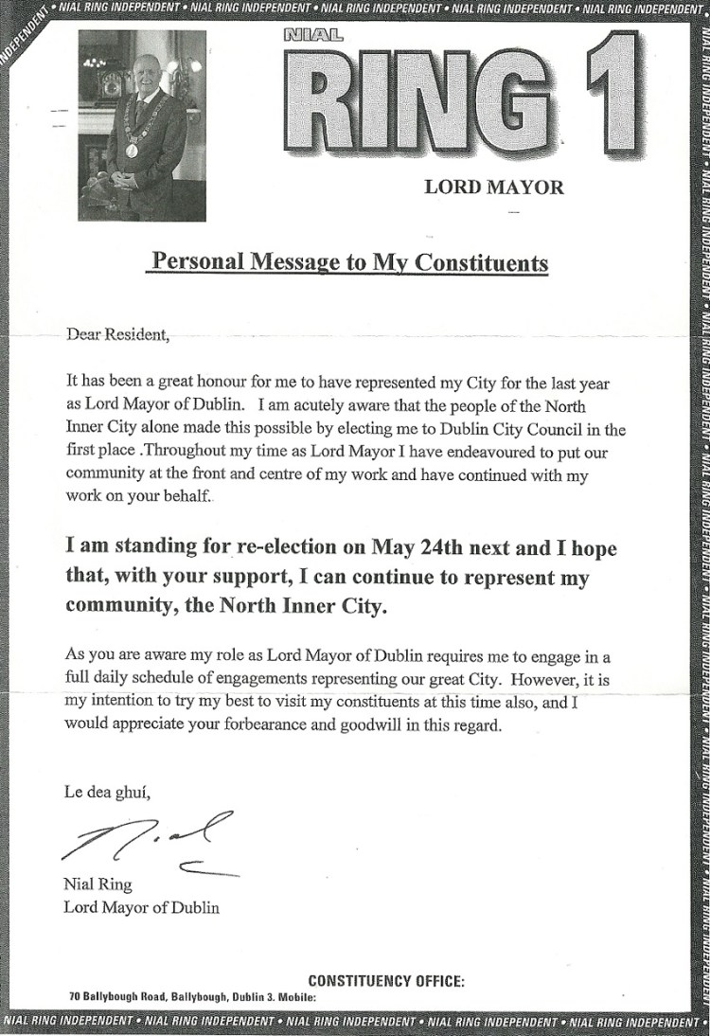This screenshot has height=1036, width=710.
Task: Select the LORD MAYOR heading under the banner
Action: click(x=493, y=187)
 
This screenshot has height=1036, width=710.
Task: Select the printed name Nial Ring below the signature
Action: click(x=98, y=886)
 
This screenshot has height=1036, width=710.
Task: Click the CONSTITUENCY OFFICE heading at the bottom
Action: click(x=386, y=982)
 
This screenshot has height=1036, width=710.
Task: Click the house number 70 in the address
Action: click(x=75, y=997)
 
